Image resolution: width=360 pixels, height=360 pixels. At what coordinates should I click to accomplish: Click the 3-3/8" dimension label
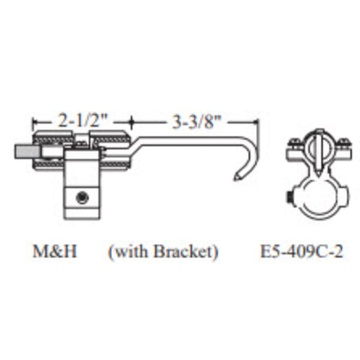(195, 122)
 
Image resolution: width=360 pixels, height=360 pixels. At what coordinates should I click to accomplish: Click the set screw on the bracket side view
(81, 197)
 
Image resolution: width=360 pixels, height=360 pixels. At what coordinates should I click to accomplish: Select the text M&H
(55, 252)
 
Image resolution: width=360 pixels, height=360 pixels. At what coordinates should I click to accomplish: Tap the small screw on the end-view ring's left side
(288, 198)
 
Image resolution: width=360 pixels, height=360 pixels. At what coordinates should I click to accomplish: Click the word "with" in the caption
(128, 252)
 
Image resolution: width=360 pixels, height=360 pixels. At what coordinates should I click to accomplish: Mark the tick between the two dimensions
(130, 123)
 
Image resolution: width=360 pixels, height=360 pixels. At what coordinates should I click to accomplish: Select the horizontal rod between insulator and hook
(182, 142)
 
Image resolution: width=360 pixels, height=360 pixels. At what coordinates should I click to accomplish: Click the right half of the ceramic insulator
(111, 149)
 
